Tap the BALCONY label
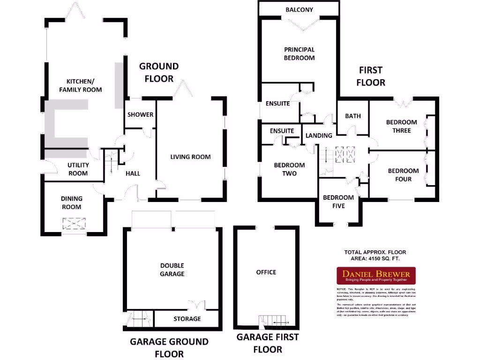[299, 10]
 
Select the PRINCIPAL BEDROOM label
[299, 53]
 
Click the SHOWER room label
[140, 114]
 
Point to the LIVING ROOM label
[190, 157]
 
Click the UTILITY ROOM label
[78, 169]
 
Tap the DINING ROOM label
[71, 202]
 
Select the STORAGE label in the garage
[187, 319]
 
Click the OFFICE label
[266, 272]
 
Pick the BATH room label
[353, 116]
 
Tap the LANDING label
[319, 135]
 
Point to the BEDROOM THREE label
[398, 127]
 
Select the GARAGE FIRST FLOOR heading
[267, 343]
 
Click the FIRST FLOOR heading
[371, 76]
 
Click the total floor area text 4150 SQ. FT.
[375, 258]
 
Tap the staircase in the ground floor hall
[112, 163]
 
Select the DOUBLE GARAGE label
[172, 270]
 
